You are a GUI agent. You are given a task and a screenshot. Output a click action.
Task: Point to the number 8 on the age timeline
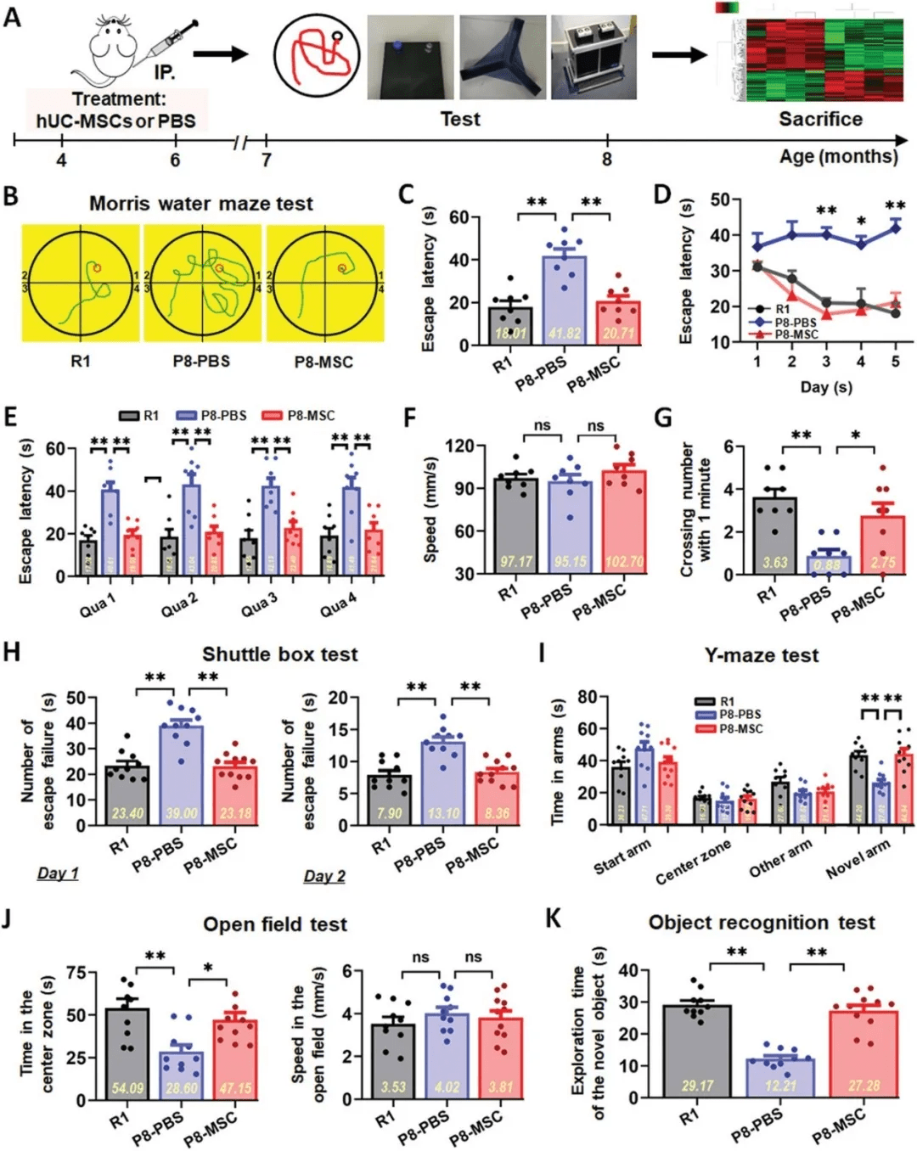pyautogui.click(x=606, y=160)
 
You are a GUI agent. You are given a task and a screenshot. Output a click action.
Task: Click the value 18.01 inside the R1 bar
pyautogui.click(x=509, y=334)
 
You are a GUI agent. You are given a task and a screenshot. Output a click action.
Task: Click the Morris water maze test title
pyautogui.click(x=201, y=204)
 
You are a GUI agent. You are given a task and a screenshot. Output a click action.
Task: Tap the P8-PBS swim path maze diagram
pyautogui.click(x=202, y=283)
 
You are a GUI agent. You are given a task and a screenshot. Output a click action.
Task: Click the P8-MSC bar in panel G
pyautogui.click(x=882, y=544)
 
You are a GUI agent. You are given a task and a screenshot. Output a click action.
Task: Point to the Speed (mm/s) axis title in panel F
pyautogui.click(x=430, y=509)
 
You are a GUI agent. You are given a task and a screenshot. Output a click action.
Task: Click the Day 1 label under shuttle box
pyautogui.click(x=58, y=873)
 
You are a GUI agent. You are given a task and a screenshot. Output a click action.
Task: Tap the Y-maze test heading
pyautogui.click(x=761, y=655)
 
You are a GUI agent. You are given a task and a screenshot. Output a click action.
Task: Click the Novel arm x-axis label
pyautogui.click(x=858, y=858)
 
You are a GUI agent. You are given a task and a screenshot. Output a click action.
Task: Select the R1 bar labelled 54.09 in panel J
pyautogui.click(x=127, y=1053)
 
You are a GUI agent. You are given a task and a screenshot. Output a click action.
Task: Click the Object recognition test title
pyautogui.click(x=761, y=923)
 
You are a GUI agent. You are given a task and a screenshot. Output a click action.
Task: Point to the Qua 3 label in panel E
pyautogui.click(x=258, y=604)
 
